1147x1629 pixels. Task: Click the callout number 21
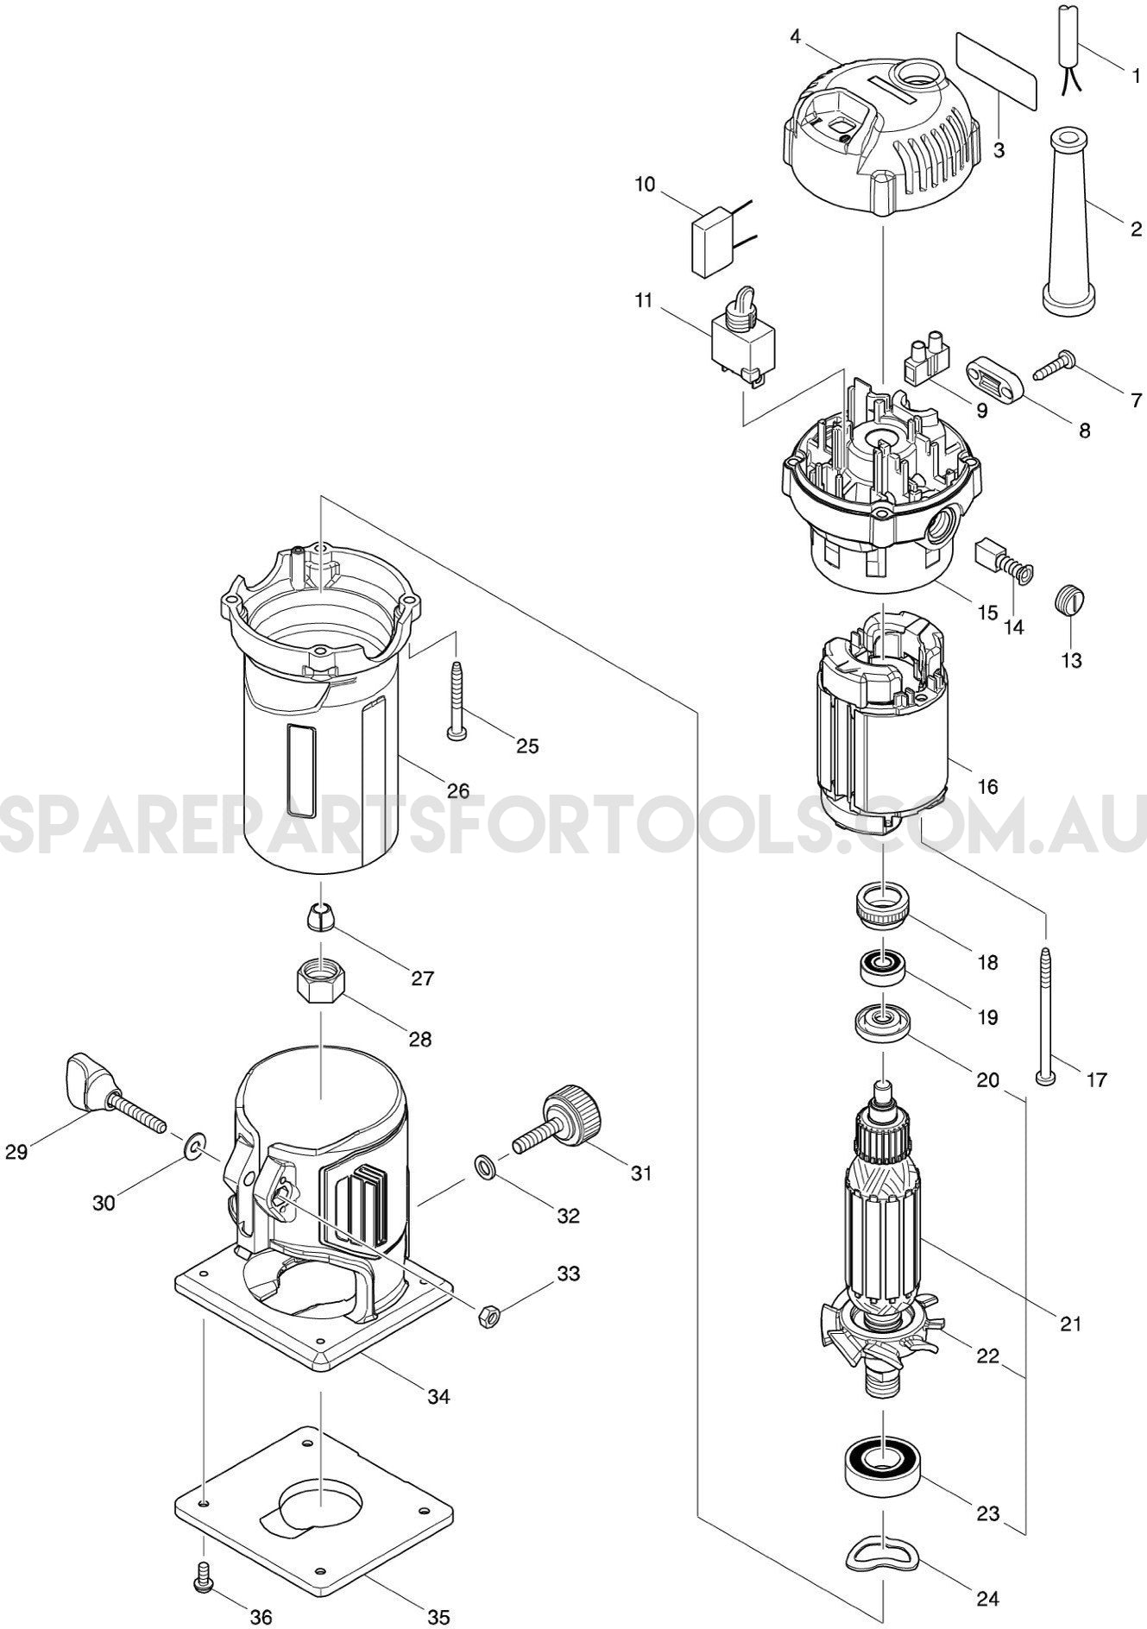coord(1070,1324)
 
